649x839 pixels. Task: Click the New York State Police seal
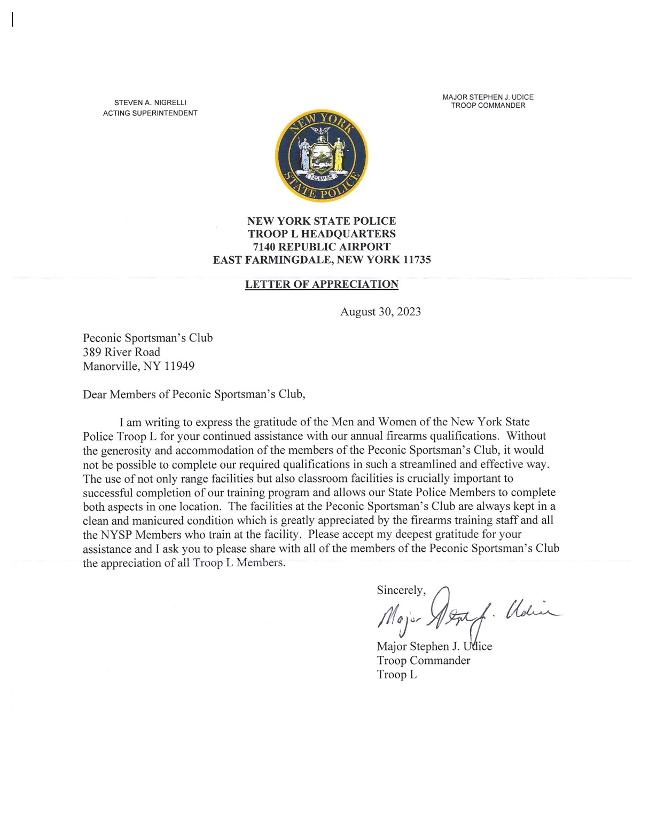(x=321, y=156)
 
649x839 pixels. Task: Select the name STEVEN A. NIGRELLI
(x=150, y=102)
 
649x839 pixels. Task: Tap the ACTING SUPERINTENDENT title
(x=150, y=113)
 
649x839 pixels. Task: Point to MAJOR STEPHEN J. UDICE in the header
(x=488, y=97)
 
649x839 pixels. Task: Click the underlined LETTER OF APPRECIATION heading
(x=322, y=284)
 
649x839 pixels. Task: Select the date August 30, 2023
(x=380, y=312)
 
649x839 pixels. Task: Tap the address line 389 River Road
(x=121, y=352)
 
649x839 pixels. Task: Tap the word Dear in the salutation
(x=95, y=394)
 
